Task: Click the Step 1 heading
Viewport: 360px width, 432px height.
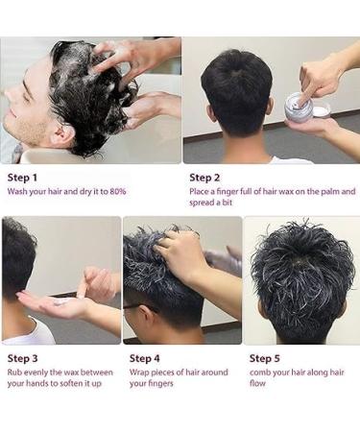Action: click(x=22, y=178)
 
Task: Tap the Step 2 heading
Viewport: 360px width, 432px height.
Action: click(x=204, y=178)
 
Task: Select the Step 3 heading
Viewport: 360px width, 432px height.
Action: click(x=22, y=358)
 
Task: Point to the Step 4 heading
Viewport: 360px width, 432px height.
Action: click(x=144, y=358)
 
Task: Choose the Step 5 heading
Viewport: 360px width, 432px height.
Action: click(x=265, y=358)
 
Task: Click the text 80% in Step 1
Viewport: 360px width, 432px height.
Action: click(x=118, y=192)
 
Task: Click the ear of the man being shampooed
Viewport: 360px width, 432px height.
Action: click(x=63, y=133)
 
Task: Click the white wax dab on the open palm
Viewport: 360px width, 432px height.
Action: click(x=61, y=301)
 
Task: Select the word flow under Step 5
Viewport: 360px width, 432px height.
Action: click(x=257, y=383)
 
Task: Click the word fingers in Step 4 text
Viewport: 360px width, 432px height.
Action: click(x=161, y=384)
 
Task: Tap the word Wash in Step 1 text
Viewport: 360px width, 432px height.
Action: click(x=17, y=192)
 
